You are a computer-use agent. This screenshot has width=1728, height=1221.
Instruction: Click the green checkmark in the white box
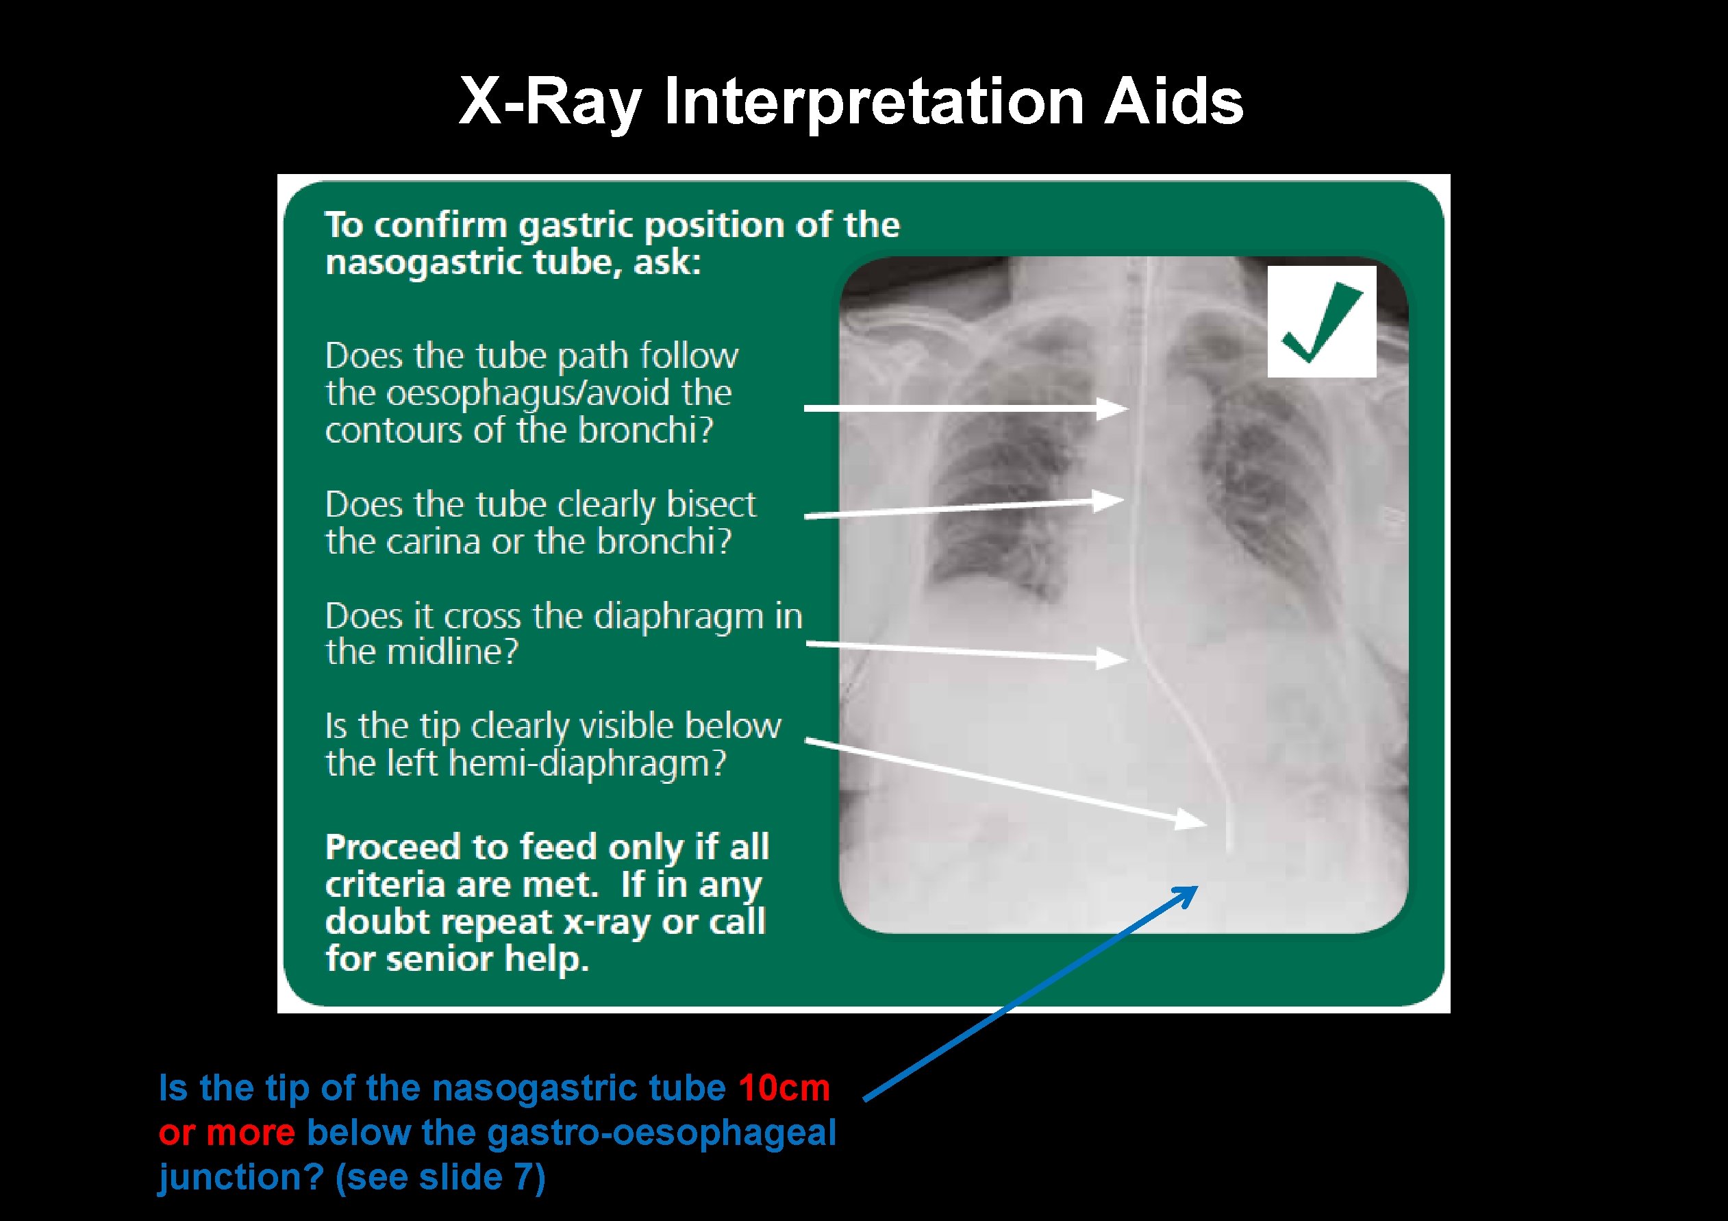1322,323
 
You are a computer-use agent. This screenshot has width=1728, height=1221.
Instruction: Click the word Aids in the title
1173,101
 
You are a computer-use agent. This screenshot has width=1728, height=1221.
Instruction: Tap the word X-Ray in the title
549,101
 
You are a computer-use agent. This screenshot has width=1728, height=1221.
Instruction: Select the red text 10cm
784,1088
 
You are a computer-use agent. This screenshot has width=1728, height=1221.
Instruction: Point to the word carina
433,541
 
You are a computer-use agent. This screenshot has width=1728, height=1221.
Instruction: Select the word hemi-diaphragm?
587,763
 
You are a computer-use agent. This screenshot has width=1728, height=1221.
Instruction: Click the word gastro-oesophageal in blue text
662,1132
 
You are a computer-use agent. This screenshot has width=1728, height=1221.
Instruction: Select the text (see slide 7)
440,1177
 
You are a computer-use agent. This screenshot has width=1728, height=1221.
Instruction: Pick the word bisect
710,504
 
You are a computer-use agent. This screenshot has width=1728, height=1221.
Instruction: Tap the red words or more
227,1132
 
